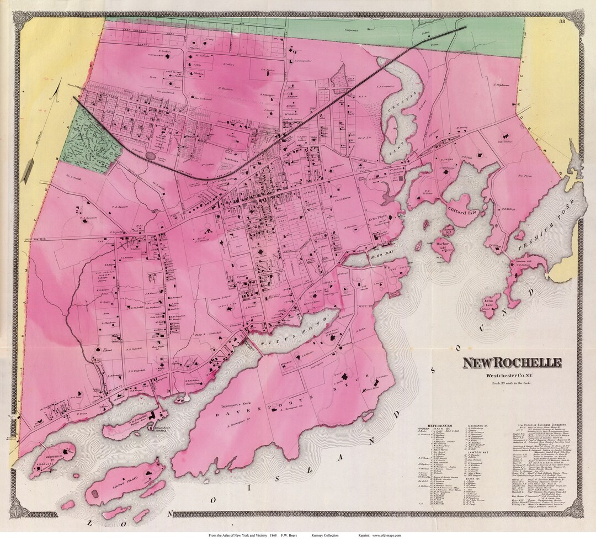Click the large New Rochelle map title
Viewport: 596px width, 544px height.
coord(512,363)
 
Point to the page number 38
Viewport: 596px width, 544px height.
coord(562,22)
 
